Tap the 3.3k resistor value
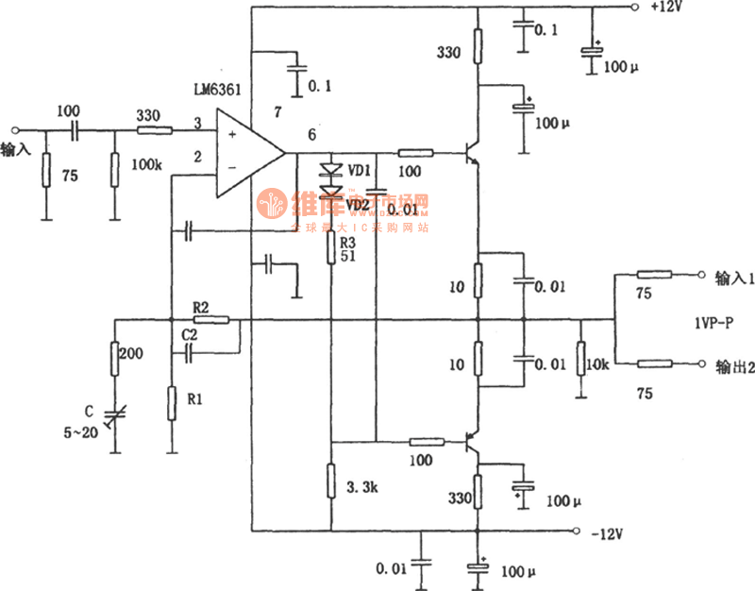tap(363, 489)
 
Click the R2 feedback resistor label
tap(201, 307)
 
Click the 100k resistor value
tap(146, 164)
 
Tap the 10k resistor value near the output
tap(597, 364)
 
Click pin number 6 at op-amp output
tap(311, 135)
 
